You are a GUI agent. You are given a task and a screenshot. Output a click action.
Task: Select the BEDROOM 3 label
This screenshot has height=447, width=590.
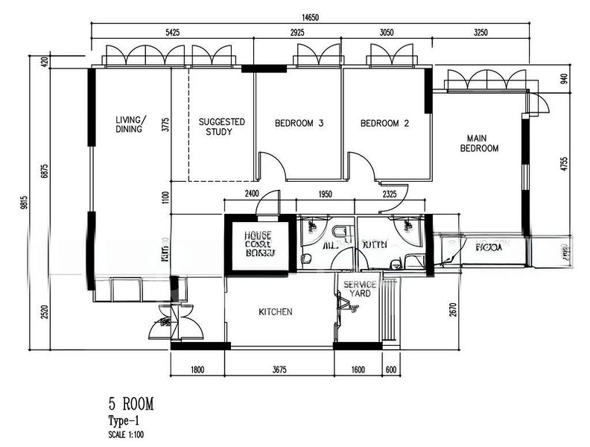(x=298, y=124)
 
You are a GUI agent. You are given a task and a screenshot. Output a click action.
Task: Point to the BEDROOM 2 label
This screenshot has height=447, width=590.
(x=384, y=124)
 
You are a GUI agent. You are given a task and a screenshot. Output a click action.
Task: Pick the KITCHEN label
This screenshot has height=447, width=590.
(x=275, y=312)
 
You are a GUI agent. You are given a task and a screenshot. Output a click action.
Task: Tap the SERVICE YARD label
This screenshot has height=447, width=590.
(x=359, y=289)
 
